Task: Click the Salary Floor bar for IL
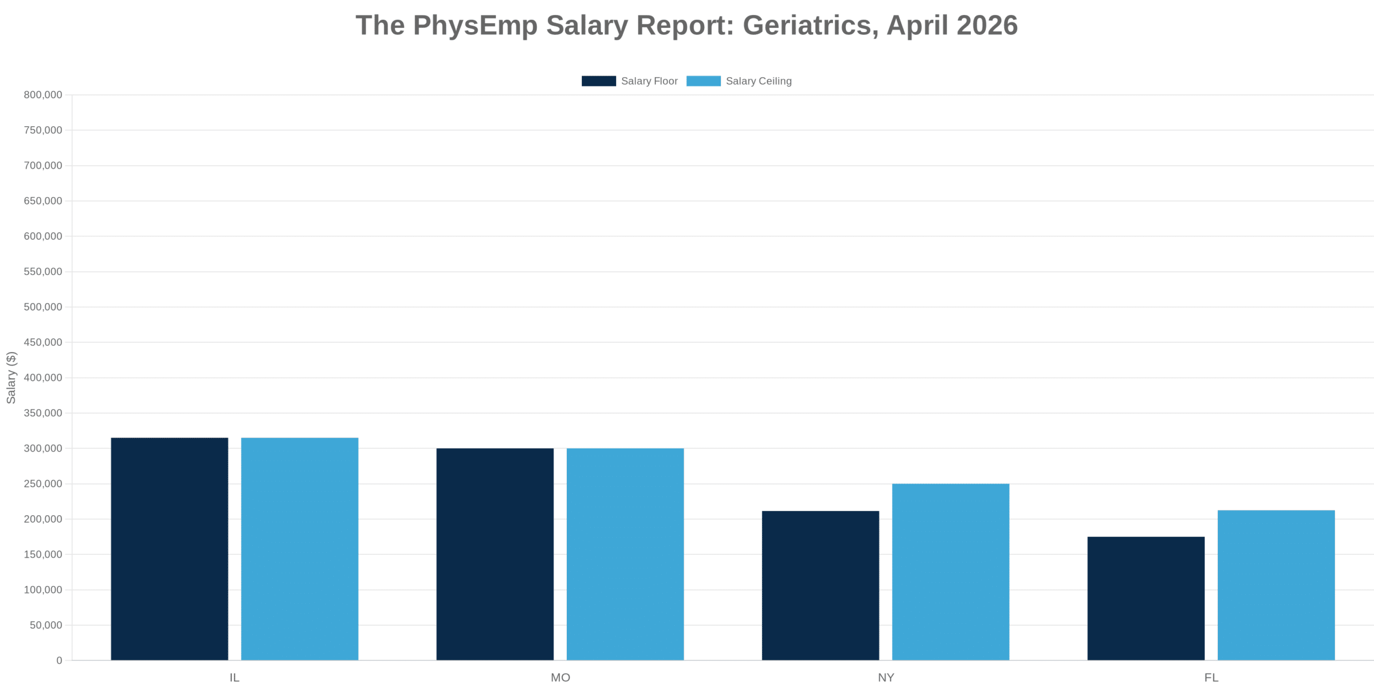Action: coord(169,549)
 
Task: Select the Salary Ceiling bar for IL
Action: coord(299,549)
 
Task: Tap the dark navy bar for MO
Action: coord(495,554)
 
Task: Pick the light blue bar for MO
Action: coord(625,554)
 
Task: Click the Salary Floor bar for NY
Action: coord(820,585)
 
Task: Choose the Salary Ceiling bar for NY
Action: coord(951,572)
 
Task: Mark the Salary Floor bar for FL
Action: coord(1146,598)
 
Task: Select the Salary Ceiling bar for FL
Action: coord(1276,585)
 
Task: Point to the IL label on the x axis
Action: coord(235,677)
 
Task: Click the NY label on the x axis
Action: coord(886,677)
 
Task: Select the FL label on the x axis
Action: coord(1211,677)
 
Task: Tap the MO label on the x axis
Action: coord(560,677)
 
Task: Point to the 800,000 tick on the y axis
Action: coord(43,95)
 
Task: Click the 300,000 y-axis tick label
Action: coord(43,448)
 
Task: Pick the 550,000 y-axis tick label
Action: coord(43,272)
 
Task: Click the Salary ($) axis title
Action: coord(11,377)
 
